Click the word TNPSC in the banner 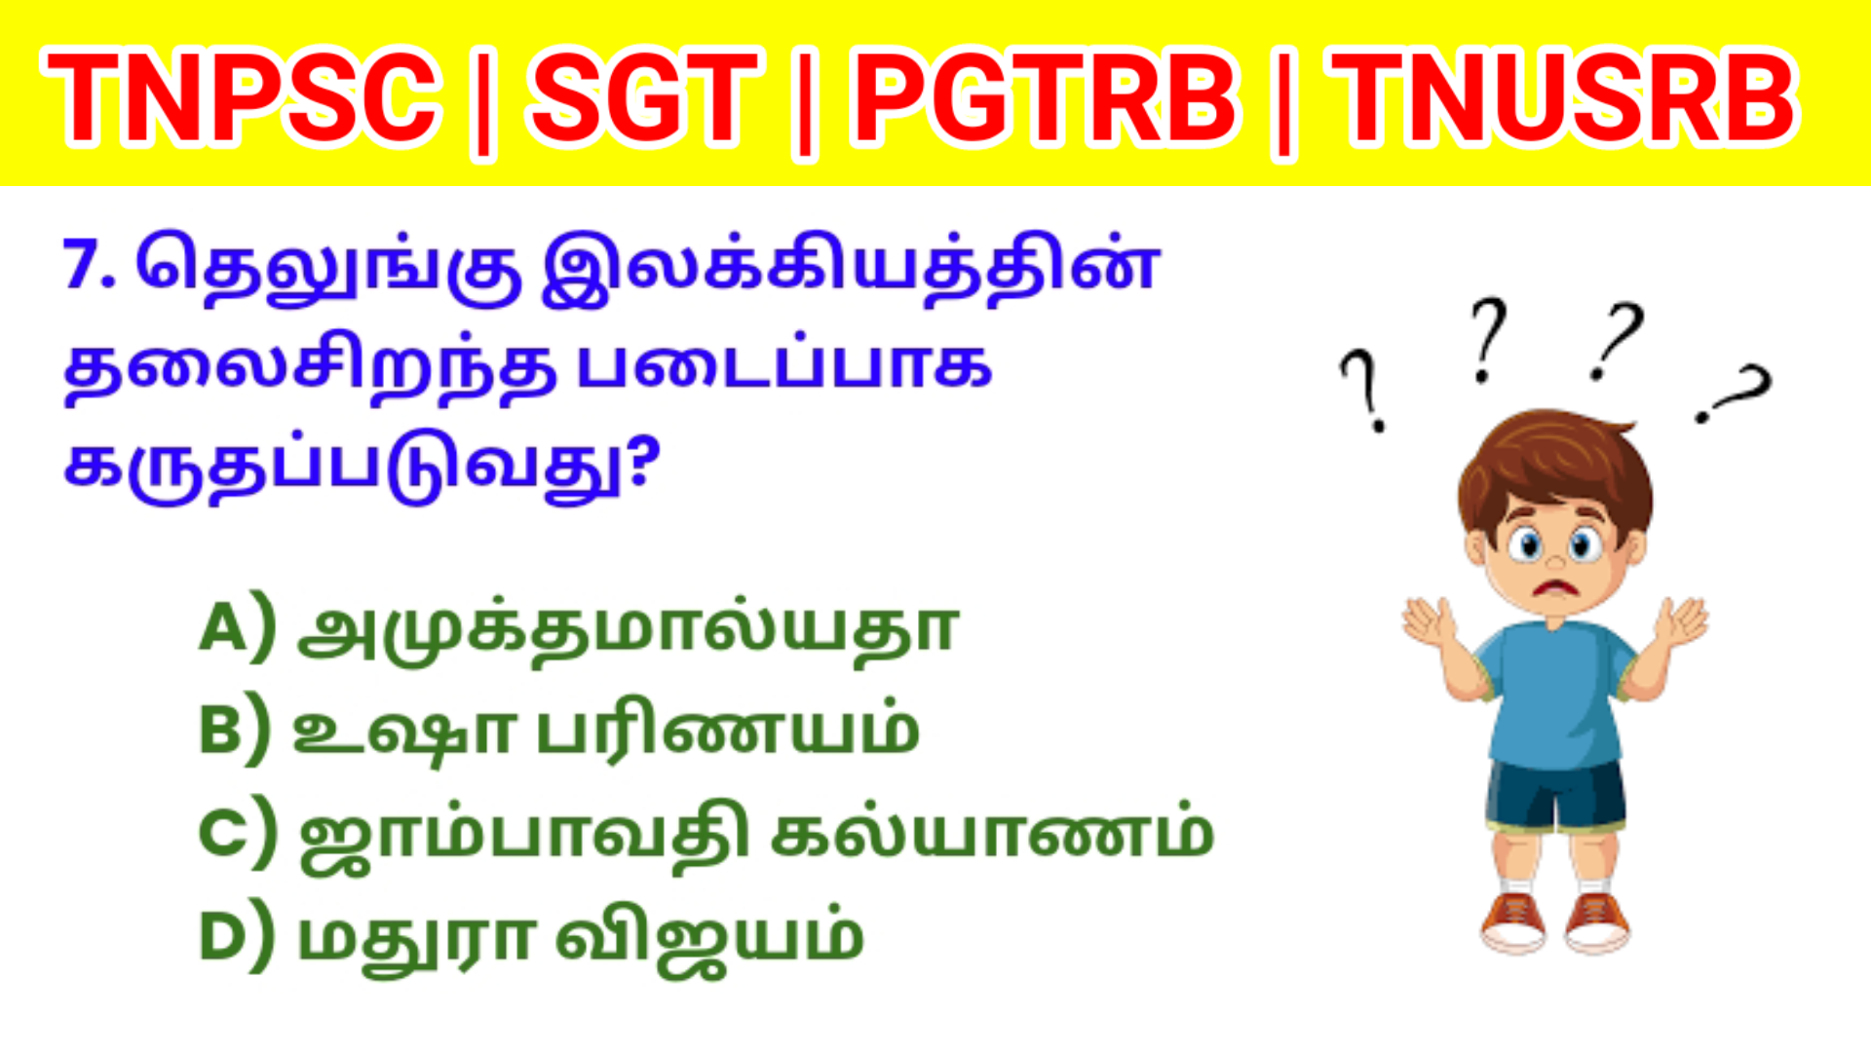click(x=242, y=97)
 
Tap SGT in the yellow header click(x=643, y=97)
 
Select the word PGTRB click(x=1045, y=97)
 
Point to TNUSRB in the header click(x=1564, y=97)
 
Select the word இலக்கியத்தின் click(x=850, y=266)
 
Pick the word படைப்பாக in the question click(x=784, y=365)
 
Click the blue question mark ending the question click(x=640, y=463)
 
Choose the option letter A click(x=224, y=627)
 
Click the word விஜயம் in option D click(x=709, y=936)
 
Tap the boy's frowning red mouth click(x=1556, y=588)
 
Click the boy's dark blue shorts click(x=1556, y=794)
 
